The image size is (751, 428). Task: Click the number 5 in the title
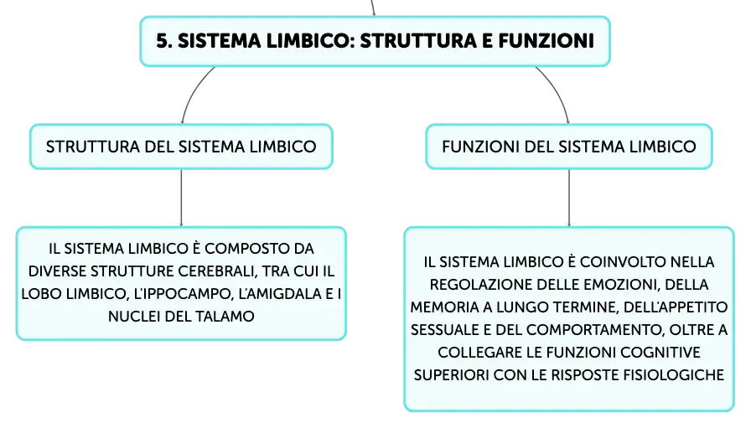[163, 41]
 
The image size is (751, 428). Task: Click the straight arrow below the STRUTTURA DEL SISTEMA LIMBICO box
[181, 198]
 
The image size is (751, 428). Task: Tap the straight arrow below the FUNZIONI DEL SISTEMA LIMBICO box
[569, 198]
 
